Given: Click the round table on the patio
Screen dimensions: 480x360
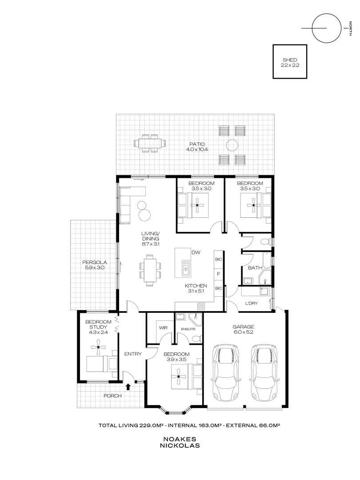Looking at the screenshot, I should (x=232, y=145).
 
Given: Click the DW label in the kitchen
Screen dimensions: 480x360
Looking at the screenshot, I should (x=196, y=252).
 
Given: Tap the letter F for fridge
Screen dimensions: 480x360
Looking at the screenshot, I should (x=218, y=274).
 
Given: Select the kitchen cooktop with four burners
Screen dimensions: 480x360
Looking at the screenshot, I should (x=200, y=306).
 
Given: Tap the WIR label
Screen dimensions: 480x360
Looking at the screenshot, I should (x=163, y=328).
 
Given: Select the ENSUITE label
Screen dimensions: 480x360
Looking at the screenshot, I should (x=188, y=329).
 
